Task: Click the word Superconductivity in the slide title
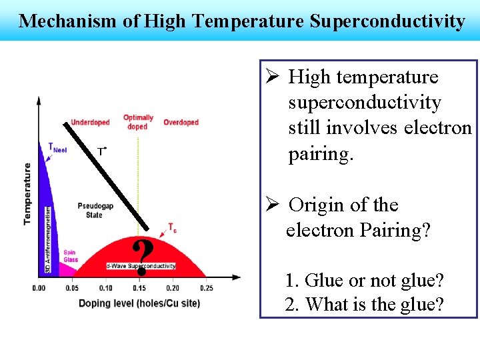pos(387,21)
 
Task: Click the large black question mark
pos(141,259)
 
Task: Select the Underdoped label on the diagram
pos(90,123)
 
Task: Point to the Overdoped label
pos(181,123)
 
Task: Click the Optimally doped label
pos(138,122)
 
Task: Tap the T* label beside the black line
pos(101,152)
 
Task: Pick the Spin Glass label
pos(70,256)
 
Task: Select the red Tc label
pos(172,228)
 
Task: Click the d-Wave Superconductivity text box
pos(141,266)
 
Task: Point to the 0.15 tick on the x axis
pos(139,288)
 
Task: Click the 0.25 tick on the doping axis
pos(206,288)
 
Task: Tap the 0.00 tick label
pos(39,288)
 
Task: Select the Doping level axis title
pos(122,304)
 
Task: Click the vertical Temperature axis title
pos(27,193)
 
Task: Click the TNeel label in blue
pos(57,147)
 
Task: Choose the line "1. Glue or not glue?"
pos(364,281)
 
